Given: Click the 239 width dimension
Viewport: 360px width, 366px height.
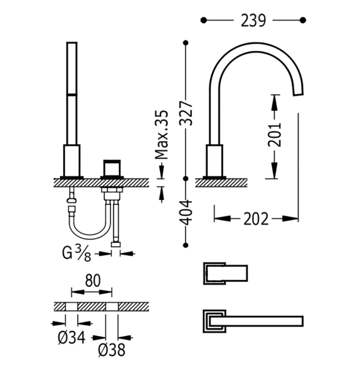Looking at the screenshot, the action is (x=253, y=21).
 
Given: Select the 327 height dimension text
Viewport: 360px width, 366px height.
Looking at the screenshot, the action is (x=186, y=113).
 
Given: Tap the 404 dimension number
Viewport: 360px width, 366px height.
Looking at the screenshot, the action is (x=186, y=213).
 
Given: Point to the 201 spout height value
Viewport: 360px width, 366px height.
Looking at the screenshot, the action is (x=275, y=135).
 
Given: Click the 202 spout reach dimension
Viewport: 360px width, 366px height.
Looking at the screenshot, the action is (x=256, y=219).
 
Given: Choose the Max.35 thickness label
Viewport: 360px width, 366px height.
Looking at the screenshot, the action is (x=162, y=134).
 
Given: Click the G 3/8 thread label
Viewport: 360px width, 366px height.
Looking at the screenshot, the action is (x=77, y=254).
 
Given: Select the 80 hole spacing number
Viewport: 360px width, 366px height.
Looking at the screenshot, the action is (x=92, y=281).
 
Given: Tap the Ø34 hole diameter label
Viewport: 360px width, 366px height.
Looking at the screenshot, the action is (x=71, y=338).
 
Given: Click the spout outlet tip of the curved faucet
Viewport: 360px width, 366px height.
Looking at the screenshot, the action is (x=298, y=92).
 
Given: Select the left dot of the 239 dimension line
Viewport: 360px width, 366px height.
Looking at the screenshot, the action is (x=203, y=21).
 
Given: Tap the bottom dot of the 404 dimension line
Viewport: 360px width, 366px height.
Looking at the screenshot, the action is (x=186, y=245).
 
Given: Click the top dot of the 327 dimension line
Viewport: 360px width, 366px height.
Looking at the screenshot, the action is (x=186, y=43).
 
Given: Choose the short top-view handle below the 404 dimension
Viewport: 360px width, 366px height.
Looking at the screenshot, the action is (x=225, y=273).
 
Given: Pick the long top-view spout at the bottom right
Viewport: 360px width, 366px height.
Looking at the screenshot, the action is (x=253, y=321).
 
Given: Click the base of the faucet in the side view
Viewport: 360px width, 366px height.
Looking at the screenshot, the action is (x=214, y=162).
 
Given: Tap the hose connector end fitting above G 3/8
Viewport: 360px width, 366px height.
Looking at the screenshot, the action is (x=116, y=245).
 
